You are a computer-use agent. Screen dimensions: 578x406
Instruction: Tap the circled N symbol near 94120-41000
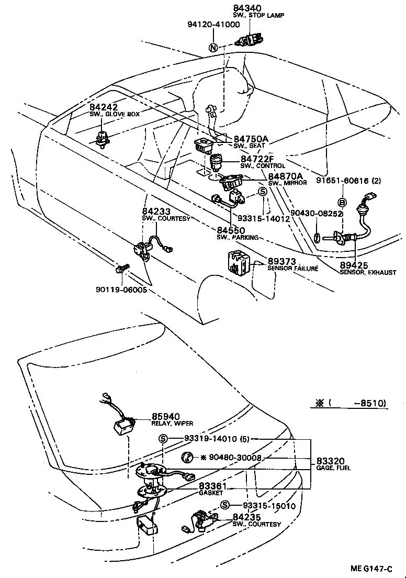[213, 47]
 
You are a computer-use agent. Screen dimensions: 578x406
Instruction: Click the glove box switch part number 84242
[103, 106]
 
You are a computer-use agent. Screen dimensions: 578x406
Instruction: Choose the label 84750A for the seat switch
[251, 139]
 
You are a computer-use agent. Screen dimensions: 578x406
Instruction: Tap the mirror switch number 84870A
[286, 176]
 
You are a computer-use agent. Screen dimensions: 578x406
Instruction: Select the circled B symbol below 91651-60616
[342, 203]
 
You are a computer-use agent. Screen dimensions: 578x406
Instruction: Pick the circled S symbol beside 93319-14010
[164, 439]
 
